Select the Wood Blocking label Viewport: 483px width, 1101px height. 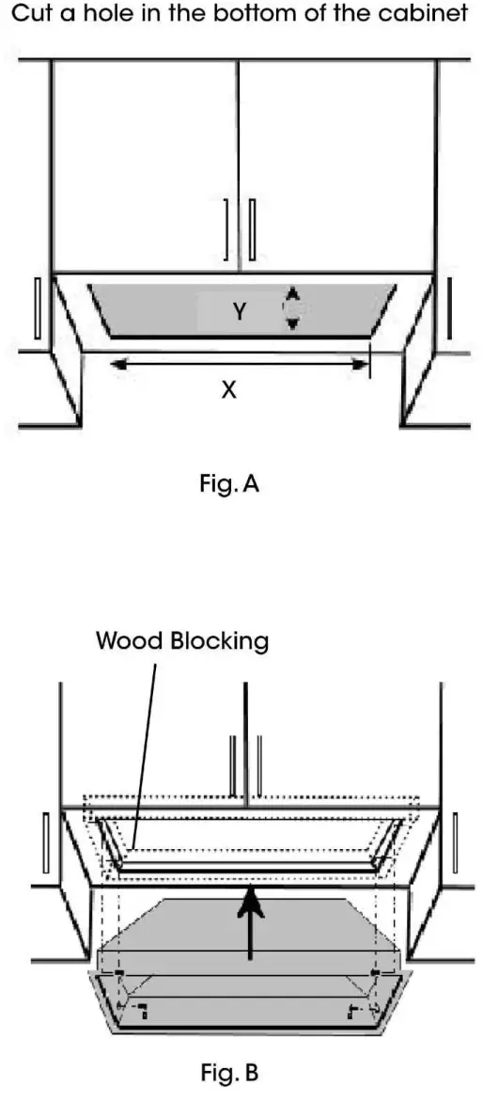pos(182,641)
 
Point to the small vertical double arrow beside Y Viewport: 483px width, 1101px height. pos(293,308)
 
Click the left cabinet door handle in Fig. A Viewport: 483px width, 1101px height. pos(226,228)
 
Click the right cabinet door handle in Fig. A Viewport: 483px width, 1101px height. pos(252,228)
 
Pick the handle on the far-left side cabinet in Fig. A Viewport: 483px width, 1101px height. pos(37,307)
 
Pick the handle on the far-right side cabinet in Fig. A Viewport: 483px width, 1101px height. pos(449,307)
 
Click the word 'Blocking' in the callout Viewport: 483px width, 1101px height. pos(221,641)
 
